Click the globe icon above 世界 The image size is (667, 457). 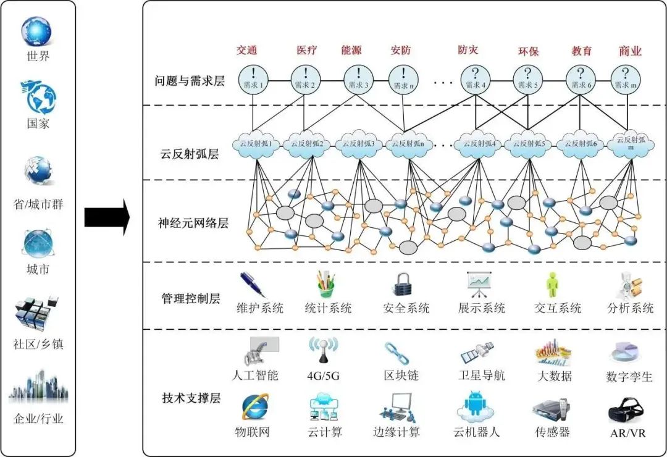pyautogui.click(x=38, y=31)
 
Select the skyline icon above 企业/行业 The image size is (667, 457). pyautogui.click(x=38, y=387)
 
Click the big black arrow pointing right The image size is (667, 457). pyautogui.click(x=106, y=217)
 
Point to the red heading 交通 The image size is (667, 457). pyautogui.click(x=246, y=50)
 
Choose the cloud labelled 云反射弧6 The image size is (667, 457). pyautogui.click(x=580, y=144)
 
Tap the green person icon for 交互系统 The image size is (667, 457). pyautogui.click(x=552, y=285)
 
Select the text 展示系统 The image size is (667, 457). pyautogui.click(x=481, y=308)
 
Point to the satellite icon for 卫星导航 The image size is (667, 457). pyautogui.click(x=478, y=353)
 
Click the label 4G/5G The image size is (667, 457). pyautogui.click(x=324, y=375)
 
